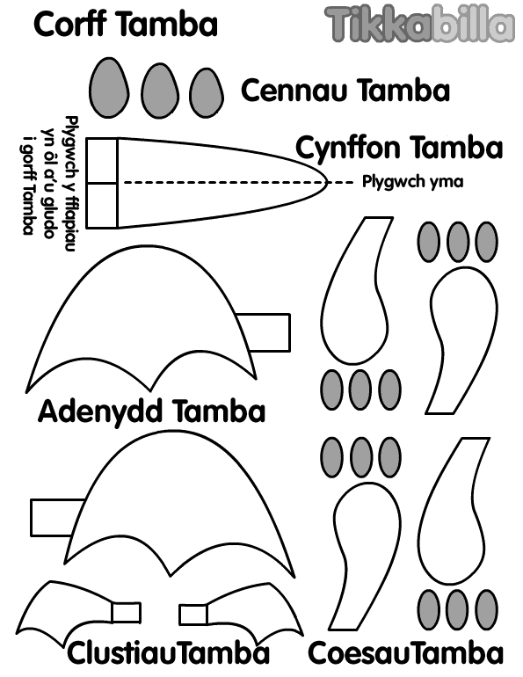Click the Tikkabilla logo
pyautogui.click(x=419, y=25)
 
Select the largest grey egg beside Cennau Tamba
pyautogui.click(x=109, y=88)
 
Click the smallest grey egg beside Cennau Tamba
pyautogui.click(x=207, y=93)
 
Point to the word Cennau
pyautogui.click(x=294, y=91)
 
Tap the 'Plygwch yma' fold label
pyautogui.click(x=412, y=182)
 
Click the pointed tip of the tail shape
pyautogui.click(x=328, y=183)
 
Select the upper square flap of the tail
pyautogui.click(x=102, y=161)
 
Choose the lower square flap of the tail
pyautogui.click(x=102, y=206)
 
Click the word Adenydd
pyautogui.click(x=102, y=411)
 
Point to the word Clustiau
pyautogui.click(x=122, y=653)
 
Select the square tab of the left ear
pyautogui.click(x=126, y=613)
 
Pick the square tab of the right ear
pyautogui.click(x=193, y=615)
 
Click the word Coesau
pyautogui.click(x=358, y=653)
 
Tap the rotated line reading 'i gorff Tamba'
pyautogui.click(x=27, y=185)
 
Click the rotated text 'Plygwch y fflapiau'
pyautogui.click(x=71, y=184)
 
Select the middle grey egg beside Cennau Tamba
pyautogui.click(x=160, y=91)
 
